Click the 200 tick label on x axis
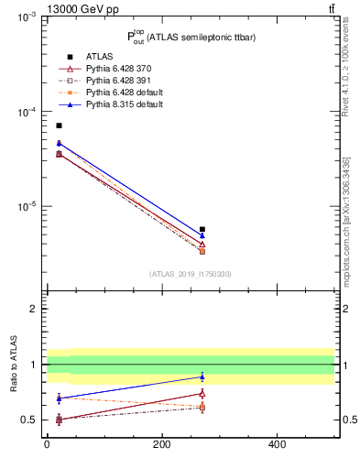click(162, 444)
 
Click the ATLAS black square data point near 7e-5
click(60, 125)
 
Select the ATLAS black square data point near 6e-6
click(202, 229)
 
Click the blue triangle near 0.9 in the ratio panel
click(202, 376)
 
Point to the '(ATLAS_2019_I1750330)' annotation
click(190, 274)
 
